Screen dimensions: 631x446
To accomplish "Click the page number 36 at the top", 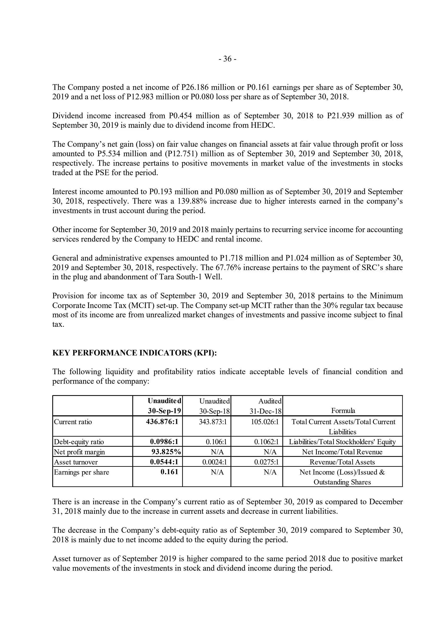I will pyautogui.click(x=227, y=59).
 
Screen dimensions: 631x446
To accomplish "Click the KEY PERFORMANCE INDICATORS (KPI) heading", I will pyautogui.click(x=135, y=352).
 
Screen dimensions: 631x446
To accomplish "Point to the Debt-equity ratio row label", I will pyautogui.click(x=79, y=442).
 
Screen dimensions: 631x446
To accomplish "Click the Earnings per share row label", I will pyautogui.click(x=82, y=472).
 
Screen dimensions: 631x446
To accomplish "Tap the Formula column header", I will pyautogui.click(x=343, y=411).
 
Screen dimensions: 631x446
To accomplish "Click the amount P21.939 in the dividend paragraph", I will pyautogui.click(x=340, y=116).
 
